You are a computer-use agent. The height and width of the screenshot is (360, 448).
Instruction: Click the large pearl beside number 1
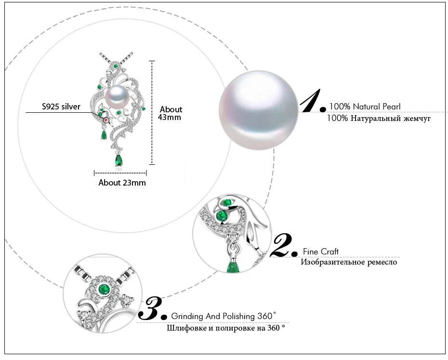point(259,110)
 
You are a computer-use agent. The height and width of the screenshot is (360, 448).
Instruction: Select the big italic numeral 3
point(153,308)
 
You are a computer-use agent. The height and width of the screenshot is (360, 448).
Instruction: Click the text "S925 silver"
point(61,107)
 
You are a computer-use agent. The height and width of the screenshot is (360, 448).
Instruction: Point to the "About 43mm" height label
point(170,113)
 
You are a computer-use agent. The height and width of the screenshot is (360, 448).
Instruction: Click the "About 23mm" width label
point(122,183)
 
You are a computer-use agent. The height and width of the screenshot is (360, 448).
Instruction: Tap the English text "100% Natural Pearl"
point(365,107)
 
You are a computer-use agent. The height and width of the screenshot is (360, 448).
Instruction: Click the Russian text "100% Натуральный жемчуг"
point(379,118)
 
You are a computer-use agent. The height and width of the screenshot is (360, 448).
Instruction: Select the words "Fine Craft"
point(320,252)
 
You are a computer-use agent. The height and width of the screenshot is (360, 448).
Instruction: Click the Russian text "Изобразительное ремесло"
point(349,262)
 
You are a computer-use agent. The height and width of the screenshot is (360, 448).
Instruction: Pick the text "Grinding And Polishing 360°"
point(224,316)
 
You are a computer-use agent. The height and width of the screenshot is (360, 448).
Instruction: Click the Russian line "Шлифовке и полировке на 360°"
point(226,328)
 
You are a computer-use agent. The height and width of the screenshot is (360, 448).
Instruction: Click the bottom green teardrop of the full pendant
point(119,160)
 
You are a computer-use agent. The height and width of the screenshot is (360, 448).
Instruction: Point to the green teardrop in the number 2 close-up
point(233,266)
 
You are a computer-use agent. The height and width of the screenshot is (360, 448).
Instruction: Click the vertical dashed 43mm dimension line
point(152,113)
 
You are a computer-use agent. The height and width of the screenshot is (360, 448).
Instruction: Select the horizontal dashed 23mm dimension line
point(120,173)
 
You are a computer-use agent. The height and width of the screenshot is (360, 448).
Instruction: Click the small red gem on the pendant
point(106,120)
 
